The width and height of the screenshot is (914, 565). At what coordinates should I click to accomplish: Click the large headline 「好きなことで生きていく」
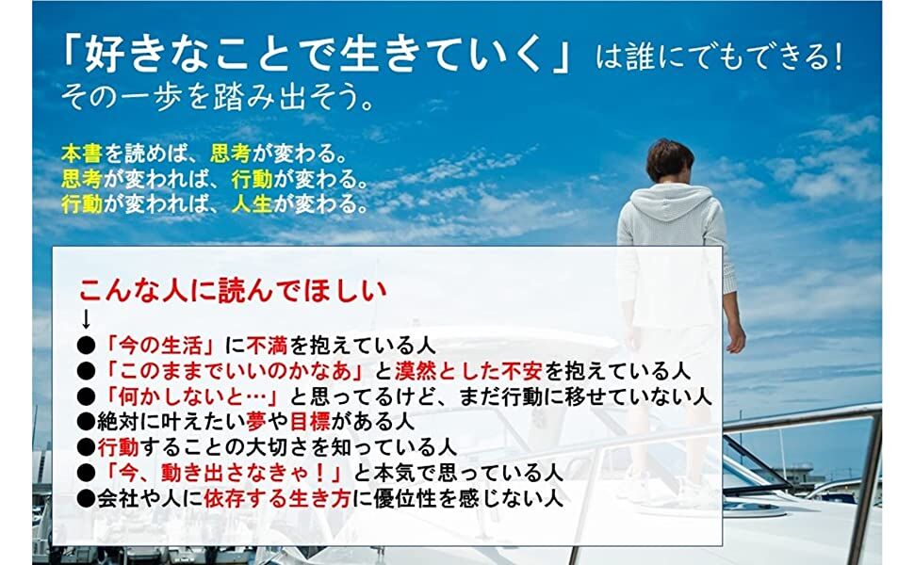point(316,56)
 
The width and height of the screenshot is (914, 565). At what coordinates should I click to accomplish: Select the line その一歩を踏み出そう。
point(218,97)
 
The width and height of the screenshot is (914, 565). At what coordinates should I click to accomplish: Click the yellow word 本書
point(82,153)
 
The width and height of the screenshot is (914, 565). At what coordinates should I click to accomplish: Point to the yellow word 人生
point(252,203)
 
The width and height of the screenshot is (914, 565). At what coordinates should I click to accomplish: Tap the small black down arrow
point(86,319)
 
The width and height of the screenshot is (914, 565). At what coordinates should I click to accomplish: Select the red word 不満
point(267,346)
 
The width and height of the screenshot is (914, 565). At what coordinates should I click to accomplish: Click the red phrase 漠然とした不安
point(468,371)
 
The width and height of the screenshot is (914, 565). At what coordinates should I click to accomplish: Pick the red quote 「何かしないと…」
point(193,396)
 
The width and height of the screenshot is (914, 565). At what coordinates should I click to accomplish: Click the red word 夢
point(257,422)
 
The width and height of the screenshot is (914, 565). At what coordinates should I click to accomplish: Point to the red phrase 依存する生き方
point(277,498)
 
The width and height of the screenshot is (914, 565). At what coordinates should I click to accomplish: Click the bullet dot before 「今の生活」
point(87,347)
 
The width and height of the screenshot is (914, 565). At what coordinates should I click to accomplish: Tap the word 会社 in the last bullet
point(118,498)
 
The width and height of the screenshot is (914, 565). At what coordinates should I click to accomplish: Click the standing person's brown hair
point(670,160)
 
